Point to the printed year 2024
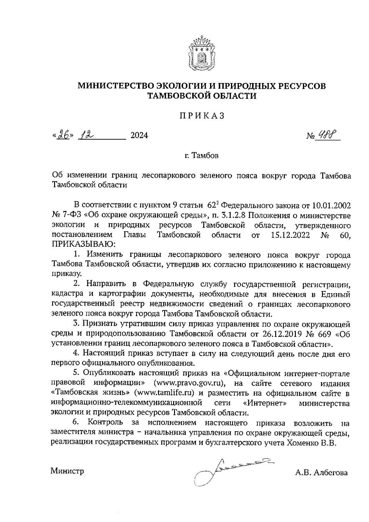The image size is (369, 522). [x=139, y=135]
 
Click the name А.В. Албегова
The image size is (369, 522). [x=321, y=473]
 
